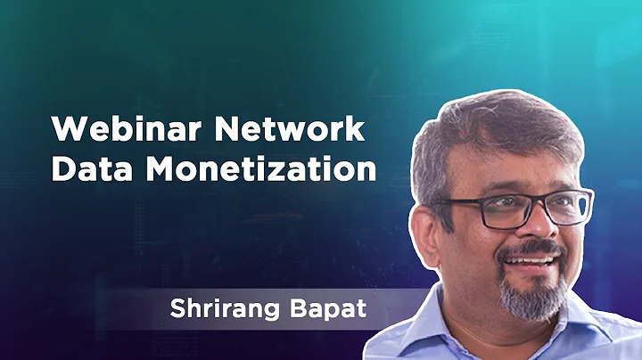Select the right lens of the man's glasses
(565, 207)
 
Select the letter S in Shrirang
(177, 312)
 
